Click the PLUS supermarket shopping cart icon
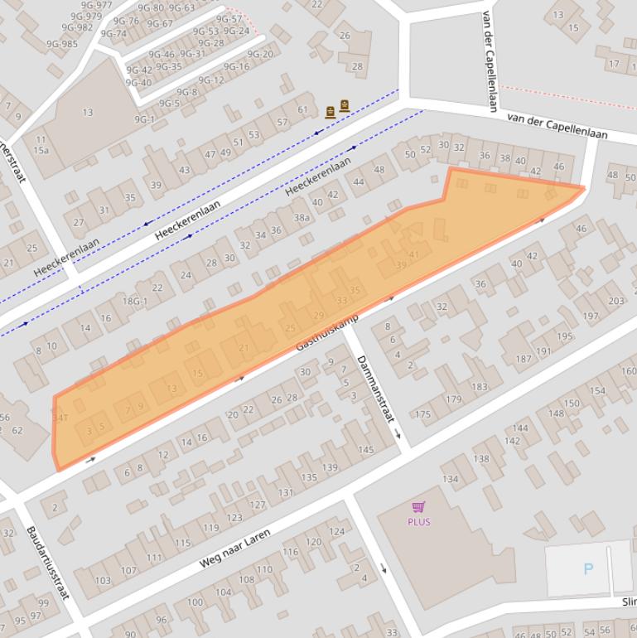pyautogui.click(x=418, y=507)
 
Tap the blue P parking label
pyautogui.click(x=589, y=568)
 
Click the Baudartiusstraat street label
pyautogui.click(x=46, y=563)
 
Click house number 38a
pyautogui.click(x=302, y=218)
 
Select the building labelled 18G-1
pyautogui.click(x=135, y=302)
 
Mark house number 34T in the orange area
pyautogui.click(x=60, y=418)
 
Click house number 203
pyautogui.click(x=615, y=301)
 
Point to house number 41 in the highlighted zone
pyautogui.click(x=414, y=254)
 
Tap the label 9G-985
pyautogui.click(x=62, y=44)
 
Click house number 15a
pyautogui.click(x=41, y=150)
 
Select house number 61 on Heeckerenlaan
pyautogui.click(x=302, y=109)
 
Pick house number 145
pyautogui.click(x=365, y=450)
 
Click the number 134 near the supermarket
pyautogui.click(x=450, y=479)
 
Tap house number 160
pyautogui.click(x=628, y=371)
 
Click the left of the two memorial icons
pyautogui.click(x=331, y=112)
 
